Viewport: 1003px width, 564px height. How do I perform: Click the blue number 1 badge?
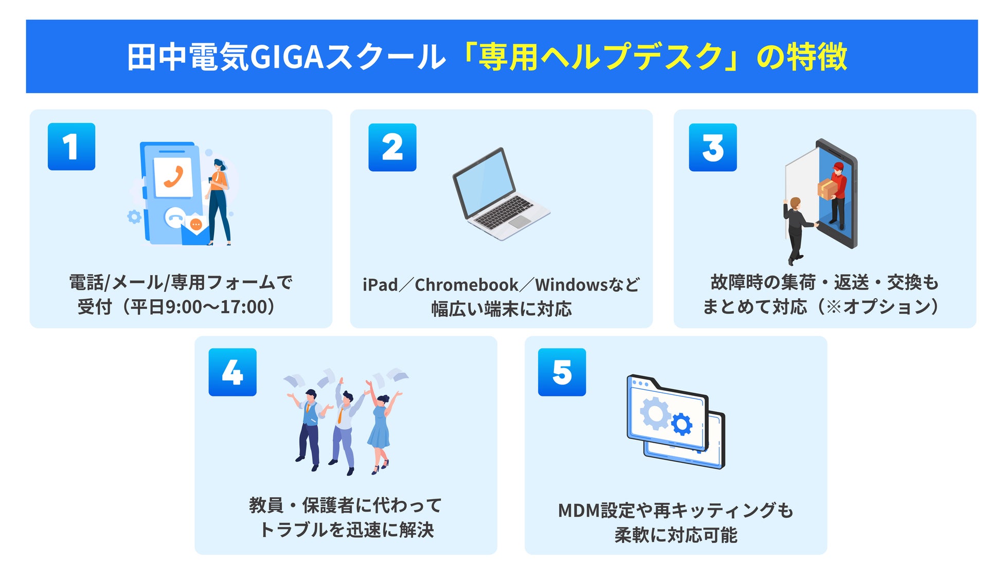71,147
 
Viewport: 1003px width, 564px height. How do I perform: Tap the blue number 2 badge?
392,148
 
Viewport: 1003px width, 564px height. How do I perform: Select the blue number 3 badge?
713,148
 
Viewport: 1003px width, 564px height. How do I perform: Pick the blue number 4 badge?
232,372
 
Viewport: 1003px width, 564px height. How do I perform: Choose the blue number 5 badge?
562,372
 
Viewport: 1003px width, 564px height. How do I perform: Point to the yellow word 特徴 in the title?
816,57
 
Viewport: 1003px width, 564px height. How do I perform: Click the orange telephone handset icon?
174,177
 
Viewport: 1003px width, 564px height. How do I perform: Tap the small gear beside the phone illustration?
134,216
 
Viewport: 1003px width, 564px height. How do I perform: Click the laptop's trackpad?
520,222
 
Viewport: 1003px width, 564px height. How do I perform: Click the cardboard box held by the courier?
827,189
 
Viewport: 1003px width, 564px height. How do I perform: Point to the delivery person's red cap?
838,167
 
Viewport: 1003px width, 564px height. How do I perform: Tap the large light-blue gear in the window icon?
655,414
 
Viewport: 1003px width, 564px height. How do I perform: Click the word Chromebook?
467,285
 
